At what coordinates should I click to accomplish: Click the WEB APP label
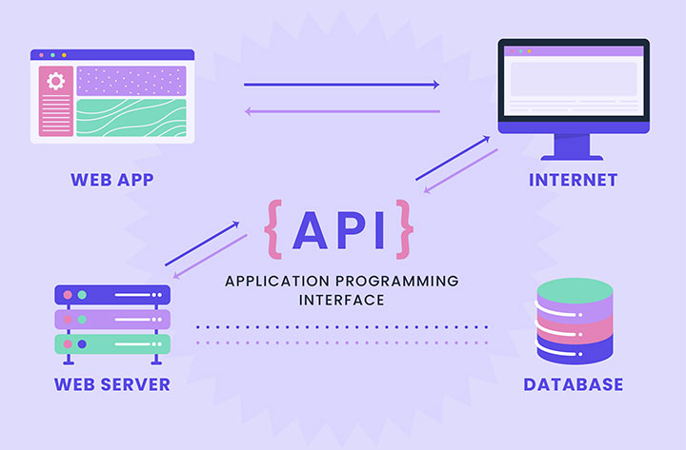112,179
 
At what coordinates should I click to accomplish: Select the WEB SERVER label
112,384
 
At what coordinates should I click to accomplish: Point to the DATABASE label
574,384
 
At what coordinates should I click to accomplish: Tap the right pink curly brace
406,229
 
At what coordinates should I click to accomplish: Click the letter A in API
311,229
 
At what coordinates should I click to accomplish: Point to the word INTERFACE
342,300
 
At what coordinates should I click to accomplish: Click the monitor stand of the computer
572,147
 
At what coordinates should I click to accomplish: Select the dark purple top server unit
112,295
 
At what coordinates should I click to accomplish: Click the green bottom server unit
112,343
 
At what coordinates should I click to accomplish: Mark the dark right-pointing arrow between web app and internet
341,85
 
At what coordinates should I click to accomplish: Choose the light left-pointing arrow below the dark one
341,111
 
